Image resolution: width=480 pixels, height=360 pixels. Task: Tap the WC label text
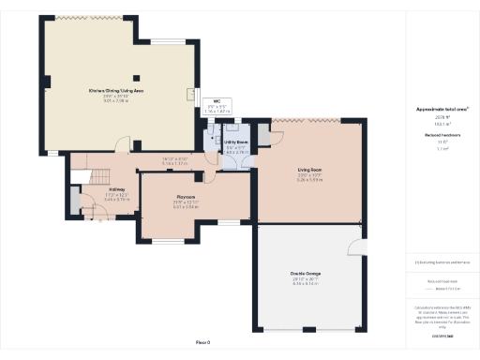click(x=217, y=100)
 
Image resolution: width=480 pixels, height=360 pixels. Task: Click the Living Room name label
click(x=309, y=170)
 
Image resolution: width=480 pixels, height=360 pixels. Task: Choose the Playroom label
click(x=186, y=197)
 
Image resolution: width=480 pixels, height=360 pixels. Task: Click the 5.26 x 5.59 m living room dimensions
click(x=309, y=180)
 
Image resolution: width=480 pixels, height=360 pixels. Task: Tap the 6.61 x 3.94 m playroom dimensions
click(x=186, y=207)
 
